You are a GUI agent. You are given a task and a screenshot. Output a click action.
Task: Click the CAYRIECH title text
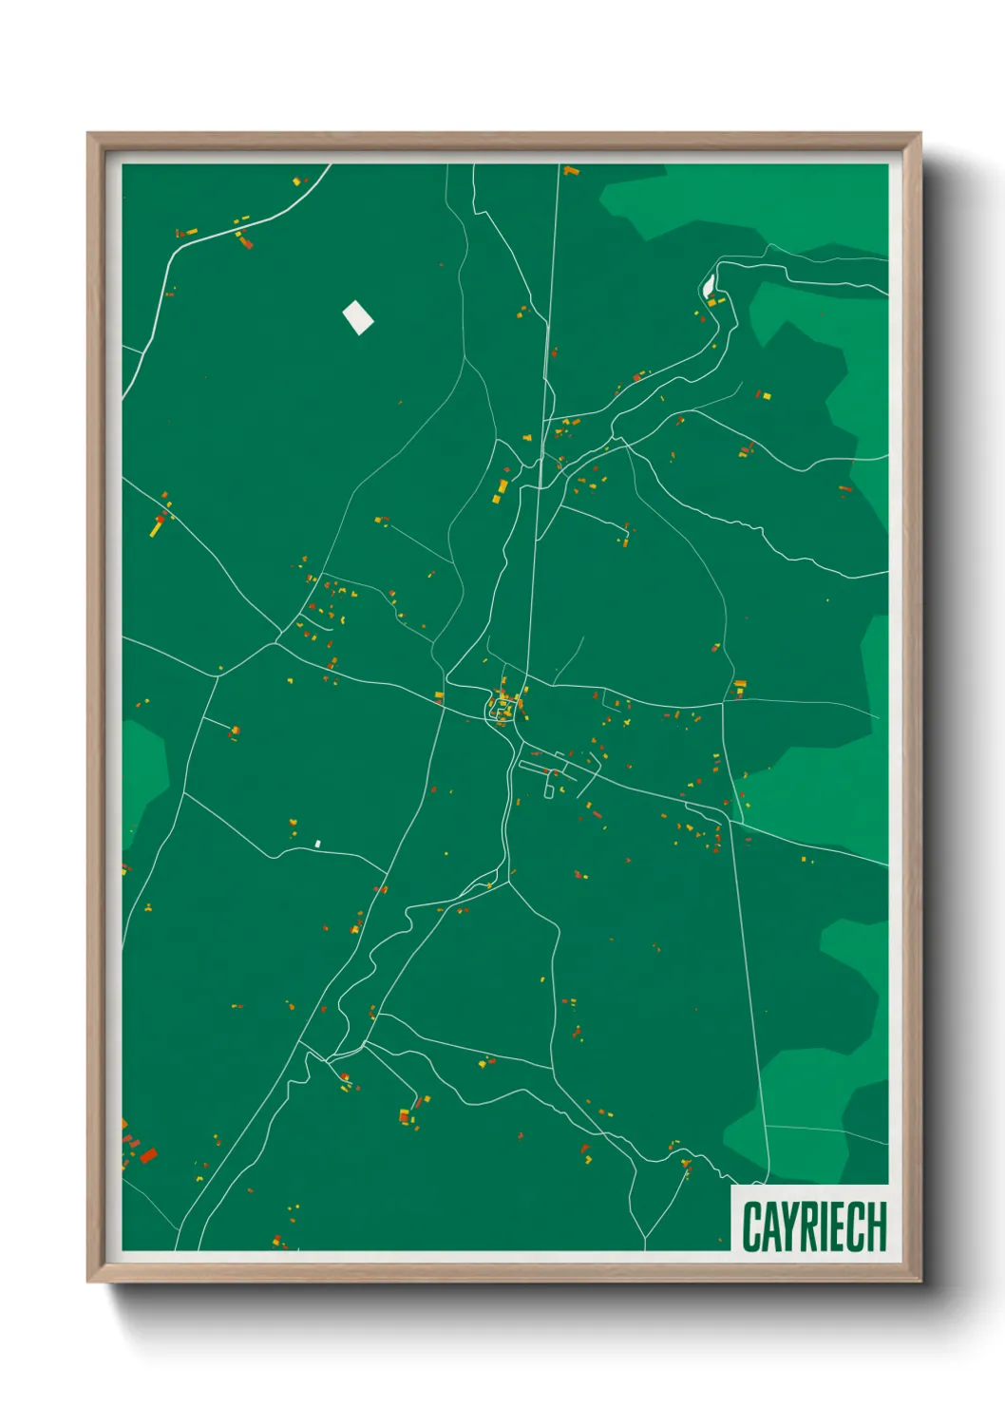click(814, 1226)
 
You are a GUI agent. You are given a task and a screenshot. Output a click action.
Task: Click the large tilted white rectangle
click(358, 317)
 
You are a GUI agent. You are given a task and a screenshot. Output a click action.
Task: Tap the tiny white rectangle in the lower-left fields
click(318, 843)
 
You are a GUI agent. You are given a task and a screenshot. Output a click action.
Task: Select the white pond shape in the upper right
click(708, 284)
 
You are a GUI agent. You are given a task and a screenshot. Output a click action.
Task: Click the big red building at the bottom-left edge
click(147, 1155)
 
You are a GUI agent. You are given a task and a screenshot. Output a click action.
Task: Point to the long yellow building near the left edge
click(157, 525)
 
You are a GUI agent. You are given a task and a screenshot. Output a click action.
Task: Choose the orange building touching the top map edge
click(570, 171)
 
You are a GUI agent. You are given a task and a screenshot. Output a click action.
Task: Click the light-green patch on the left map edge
click(142, 769)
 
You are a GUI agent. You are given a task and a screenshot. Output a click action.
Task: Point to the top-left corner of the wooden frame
click(90, 136)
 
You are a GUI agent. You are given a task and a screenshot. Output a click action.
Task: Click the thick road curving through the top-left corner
click(228, 228)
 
